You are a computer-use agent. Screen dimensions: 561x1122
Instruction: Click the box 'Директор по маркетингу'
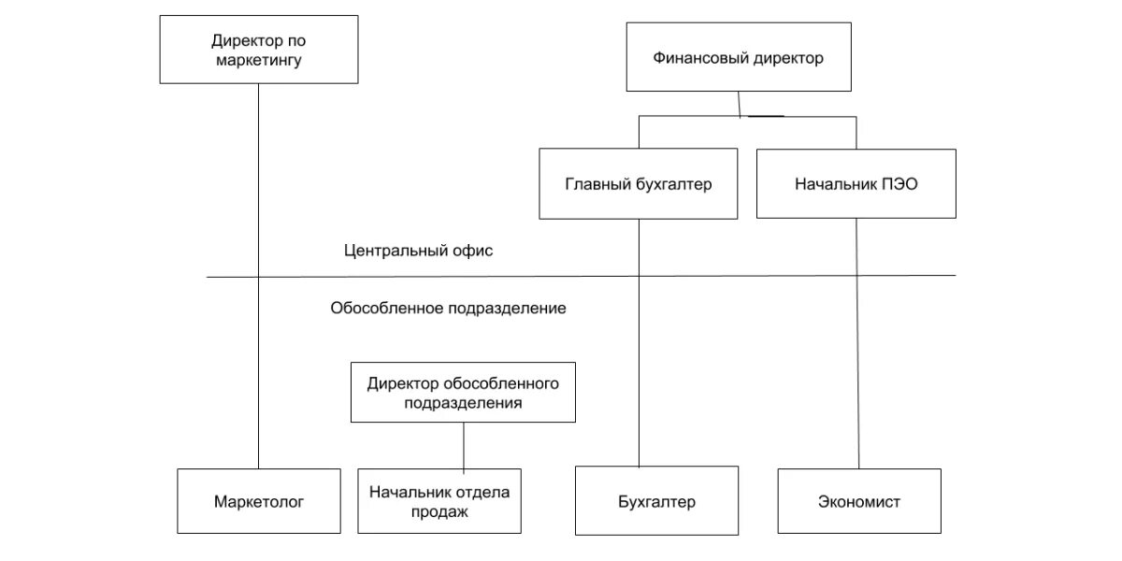(259, 50)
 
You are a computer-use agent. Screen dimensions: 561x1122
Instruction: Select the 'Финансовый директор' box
(738, 58)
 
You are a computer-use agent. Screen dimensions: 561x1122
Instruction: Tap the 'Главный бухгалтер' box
(639, 184)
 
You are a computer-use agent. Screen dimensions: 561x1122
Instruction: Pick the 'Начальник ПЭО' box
(856, 184)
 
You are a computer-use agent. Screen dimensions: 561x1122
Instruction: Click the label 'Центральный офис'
(418, 251)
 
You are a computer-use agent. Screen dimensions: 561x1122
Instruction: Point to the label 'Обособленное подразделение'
(448, 308)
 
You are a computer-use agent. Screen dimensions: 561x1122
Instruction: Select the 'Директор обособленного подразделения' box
(463, 393)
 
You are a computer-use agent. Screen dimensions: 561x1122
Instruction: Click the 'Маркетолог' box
(259, 501)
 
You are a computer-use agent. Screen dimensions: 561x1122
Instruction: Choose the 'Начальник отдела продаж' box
(439, 501)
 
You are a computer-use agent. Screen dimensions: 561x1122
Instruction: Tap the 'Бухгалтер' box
(656, 502)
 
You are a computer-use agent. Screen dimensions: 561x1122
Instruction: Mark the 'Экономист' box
(858, 502)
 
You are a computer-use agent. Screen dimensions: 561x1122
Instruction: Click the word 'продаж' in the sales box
(439, 511)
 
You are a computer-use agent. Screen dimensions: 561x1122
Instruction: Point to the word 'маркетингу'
(259, 61)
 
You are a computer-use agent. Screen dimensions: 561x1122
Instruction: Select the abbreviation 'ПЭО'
(898, 184)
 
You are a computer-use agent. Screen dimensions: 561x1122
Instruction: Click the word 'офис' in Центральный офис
(474, 251)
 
